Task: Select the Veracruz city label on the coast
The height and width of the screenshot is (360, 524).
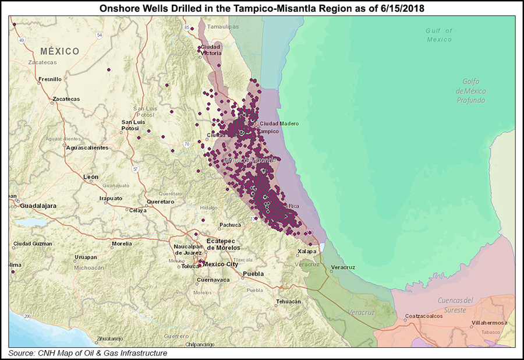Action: (x=342, y=267)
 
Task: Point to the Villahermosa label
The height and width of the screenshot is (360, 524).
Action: (x=488, y=323)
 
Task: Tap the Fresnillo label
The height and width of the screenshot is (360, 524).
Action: (x=49, y=79)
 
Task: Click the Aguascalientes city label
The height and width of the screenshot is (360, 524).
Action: (x=87, y=148)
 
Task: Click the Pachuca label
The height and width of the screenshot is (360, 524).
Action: (x=230, y=225)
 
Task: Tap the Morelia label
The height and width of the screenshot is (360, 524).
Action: (x=122, y=243)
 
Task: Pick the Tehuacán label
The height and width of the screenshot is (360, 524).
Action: (x=289, y=301)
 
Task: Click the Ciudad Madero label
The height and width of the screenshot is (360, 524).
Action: (x=279, y=123)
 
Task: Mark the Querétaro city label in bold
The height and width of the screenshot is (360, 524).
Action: (x=161, y=202)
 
